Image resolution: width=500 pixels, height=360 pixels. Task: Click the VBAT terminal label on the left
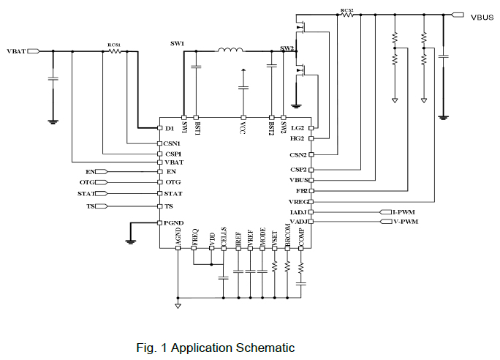pos(15,51)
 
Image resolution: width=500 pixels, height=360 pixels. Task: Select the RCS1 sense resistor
pos(114,51)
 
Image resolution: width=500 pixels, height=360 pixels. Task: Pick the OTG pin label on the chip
pos(173,181)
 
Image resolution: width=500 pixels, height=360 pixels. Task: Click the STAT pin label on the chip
pos(174,193)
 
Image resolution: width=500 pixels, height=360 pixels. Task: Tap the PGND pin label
pos(174,222)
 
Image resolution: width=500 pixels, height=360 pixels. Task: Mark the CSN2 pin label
pos(298,155)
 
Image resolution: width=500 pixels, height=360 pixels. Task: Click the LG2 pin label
pos(298,128)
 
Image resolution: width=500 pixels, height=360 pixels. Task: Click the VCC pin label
pos(243,127)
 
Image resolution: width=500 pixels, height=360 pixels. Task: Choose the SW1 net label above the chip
pos(177,44)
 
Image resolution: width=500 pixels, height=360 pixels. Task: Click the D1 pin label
pos(170,128)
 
